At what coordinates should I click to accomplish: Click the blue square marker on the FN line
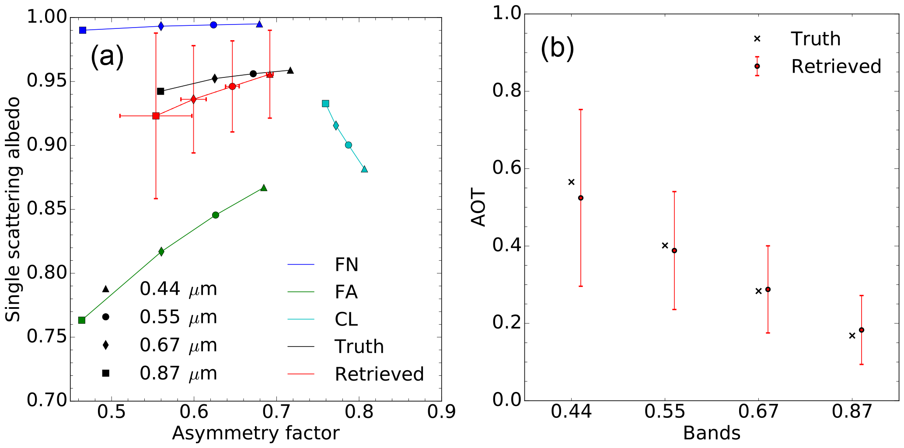[83, 30]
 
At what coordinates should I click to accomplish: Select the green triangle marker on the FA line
[264, 188]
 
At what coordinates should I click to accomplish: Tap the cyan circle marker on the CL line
[348, 145]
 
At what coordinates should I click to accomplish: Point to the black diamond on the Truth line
[215, 79]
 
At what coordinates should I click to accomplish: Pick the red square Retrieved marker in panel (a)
[156, 116]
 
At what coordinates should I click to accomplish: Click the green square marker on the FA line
[82, 320]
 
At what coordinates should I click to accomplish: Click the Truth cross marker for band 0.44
[571, 182]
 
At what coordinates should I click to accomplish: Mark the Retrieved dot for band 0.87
[862, 330]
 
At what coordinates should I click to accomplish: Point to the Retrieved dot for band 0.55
[674, 251]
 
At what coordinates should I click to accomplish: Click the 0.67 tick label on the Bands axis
[758, 412]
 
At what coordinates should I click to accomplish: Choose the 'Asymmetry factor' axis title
[256, 434]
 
